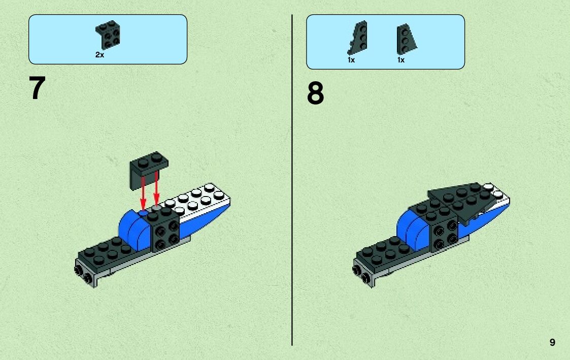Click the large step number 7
click(x=38, y=88)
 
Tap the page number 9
click(x=552, y=343)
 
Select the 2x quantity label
click(x=99, y=55)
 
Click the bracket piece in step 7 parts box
click(x=108, y=35)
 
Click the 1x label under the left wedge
click(x=351, y=60)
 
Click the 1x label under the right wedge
click(x=401, y=60)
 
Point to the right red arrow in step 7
click(x=156, y=190)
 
